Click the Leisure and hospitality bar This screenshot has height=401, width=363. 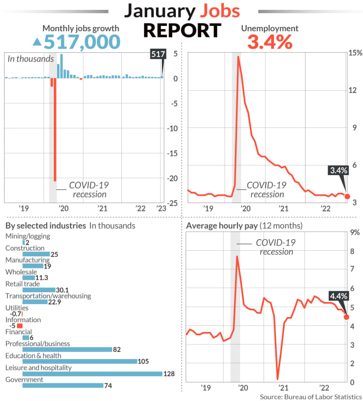click(92, 374)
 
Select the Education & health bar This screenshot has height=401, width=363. click(79, 361)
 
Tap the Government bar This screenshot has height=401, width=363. click(63, 385)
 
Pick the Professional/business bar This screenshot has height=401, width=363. click(67, 349)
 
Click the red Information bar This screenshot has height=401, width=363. click(20, 326)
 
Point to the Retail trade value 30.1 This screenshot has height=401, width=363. click(63, 290)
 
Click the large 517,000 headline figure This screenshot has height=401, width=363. click(82, 41)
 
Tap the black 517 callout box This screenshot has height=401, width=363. click(157, 54)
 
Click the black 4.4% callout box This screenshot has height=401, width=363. click(338, 296)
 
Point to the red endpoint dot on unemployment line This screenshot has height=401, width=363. click(347, 197)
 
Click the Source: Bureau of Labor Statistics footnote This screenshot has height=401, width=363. click(310, 396)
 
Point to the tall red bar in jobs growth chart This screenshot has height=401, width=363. click(55, 130)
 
